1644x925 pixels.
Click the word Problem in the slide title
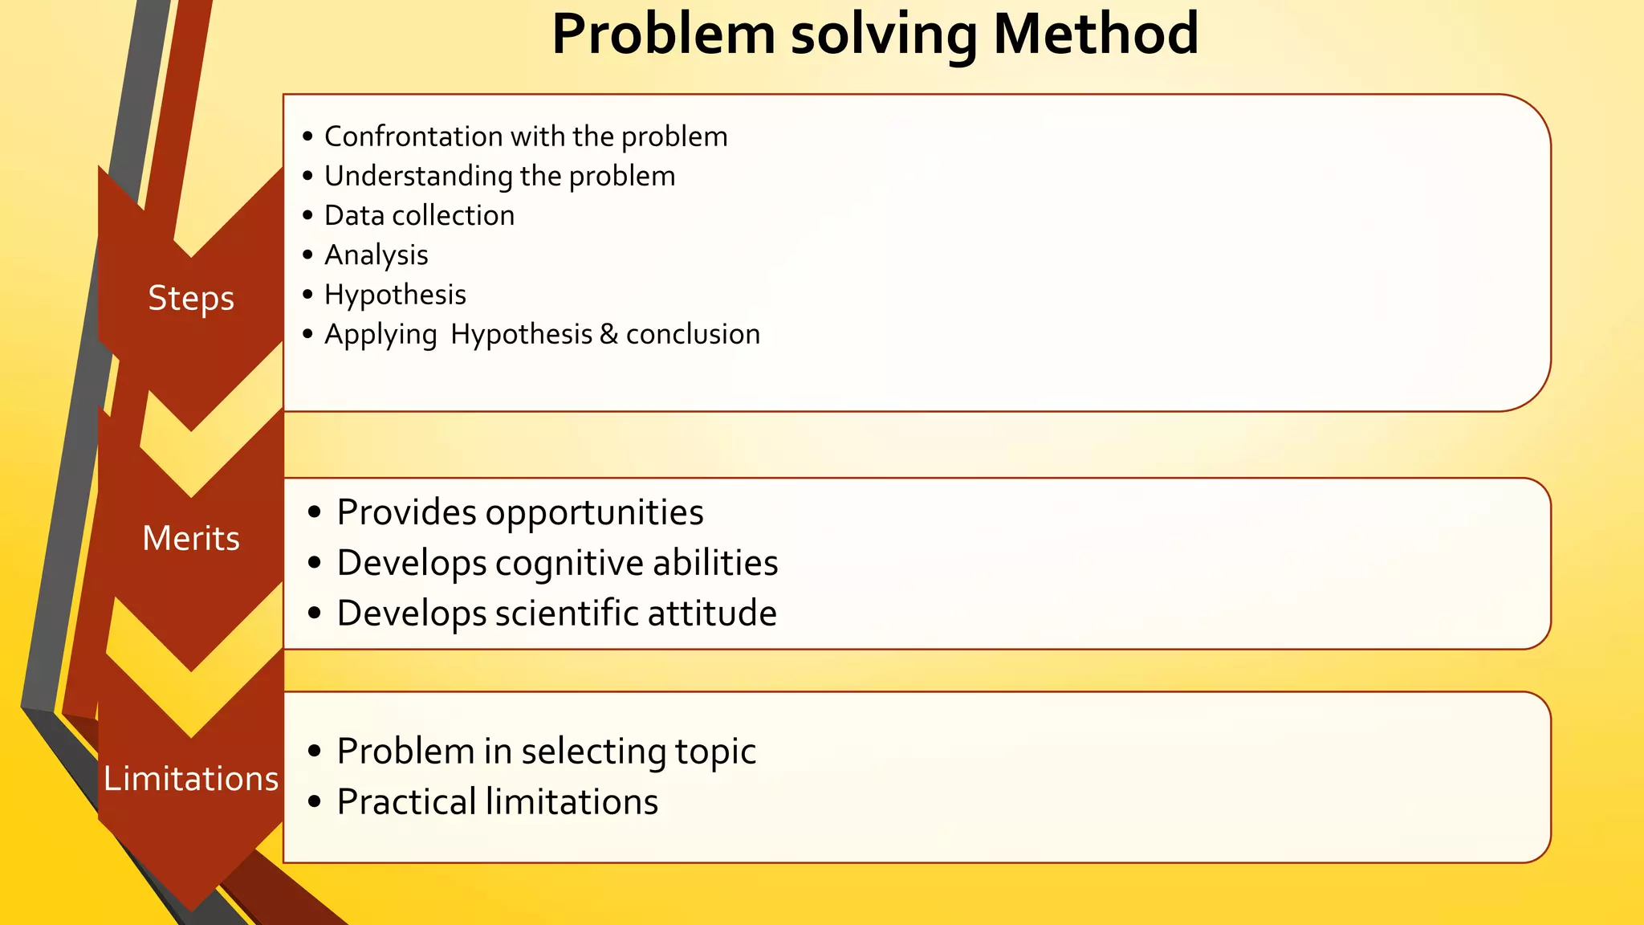(x=663, y=35)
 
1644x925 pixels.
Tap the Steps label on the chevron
(x=191, y=299)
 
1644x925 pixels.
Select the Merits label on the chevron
(x=191, y=538)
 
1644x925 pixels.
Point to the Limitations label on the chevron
(x=191, y=779)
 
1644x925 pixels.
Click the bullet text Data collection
(x=419, y=215)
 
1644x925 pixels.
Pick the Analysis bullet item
(x=376, y=255)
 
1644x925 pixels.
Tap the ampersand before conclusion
(x=608, y=334)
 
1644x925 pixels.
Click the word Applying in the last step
(x=380, y=335)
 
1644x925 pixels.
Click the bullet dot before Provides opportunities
(x=315, y=512)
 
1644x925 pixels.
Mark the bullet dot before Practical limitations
(x=315, y=801)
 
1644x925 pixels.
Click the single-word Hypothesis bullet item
(x=395, y=295)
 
